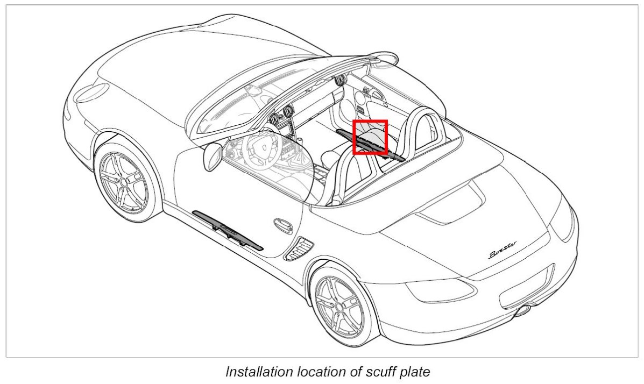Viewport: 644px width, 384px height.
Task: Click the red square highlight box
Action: [x=370, y=137]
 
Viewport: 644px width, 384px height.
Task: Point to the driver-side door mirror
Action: [x=211, y=155]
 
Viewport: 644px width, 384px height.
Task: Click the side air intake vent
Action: [x=299, y=248]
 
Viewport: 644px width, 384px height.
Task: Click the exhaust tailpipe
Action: [x=521, y=311]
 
